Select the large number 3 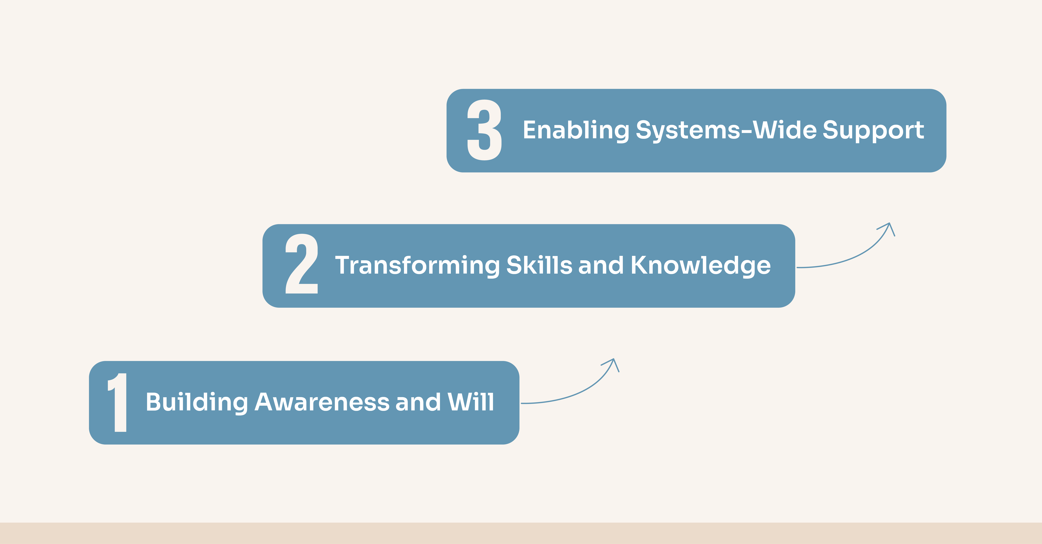click(484, 130)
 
